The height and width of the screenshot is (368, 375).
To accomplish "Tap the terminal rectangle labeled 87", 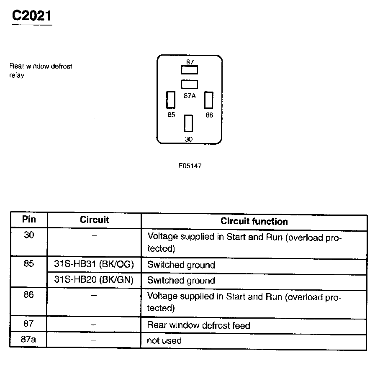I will (190, 70).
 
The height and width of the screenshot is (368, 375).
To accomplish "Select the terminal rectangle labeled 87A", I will (190, 84).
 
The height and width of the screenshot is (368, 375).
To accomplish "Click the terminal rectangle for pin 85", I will (171, 100).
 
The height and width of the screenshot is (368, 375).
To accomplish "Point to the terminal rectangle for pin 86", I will (209, 100).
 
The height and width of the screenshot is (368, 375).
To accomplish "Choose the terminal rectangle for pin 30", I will (189, 124).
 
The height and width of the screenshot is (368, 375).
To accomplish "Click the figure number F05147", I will (190, 166).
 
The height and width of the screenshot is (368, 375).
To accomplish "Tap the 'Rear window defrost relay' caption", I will (41, 71).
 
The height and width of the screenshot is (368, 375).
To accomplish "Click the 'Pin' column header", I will (29, 220).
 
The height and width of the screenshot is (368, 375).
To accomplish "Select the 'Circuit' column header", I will (94, 220).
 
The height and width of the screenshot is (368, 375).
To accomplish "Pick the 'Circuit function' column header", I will (254, 221).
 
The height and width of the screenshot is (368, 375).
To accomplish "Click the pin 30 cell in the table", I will (29, 235).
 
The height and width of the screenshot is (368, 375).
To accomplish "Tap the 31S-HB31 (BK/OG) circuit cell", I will (94, 265).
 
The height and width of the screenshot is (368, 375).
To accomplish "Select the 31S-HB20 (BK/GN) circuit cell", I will (94, 280).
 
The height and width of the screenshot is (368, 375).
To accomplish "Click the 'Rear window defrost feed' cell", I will (198, 325).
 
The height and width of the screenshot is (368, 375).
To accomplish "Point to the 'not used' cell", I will (164, 340).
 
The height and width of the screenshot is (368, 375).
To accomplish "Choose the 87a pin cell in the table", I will (28, 339).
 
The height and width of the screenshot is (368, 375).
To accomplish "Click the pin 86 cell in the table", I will (29, 295).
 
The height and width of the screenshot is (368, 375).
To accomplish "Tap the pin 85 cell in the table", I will (29, 265).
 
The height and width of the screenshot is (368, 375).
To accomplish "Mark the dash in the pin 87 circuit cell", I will (94, 325).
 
